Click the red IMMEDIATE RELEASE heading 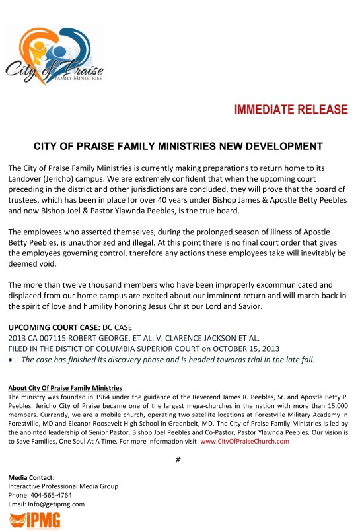click(291, 110)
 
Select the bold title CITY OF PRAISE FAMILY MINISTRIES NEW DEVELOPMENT click(178, 146)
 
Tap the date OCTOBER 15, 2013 click(246, 349)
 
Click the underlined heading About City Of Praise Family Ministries click(65, 387)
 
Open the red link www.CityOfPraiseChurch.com click(245, 442)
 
